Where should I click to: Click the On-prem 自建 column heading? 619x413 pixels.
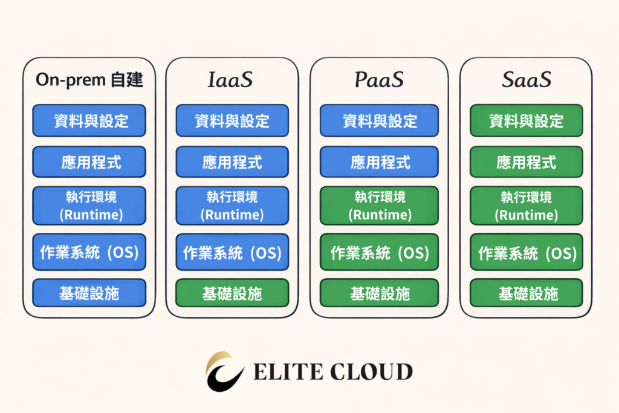[x=89, y=80]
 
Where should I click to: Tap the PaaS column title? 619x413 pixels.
[x=380, y=80]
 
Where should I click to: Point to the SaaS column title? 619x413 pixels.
[x=527, y=80]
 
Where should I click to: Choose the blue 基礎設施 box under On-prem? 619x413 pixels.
[x=89, y=293]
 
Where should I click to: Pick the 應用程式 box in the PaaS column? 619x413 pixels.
[x=380, y=162]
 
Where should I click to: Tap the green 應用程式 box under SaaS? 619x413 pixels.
[x=527, y=162]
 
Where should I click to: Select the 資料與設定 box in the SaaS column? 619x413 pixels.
[x=527, y=120]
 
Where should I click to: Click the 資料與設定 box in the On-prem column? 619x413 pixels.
[x=89, y=120]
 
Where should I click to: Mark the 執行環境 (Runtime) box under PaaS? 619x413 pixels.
[x=380, y=206]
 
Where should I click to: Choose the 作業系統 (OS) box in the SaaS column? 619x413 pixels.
[x=527, y=252]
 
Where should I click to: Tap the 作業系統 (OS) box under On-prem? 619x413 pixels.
[x=89, y=252]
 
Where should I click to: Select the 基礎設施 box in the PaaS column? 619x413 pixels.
[x=380, y=293]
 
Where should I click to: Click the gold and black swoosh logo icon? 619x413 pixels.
[x=225, y=371]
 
